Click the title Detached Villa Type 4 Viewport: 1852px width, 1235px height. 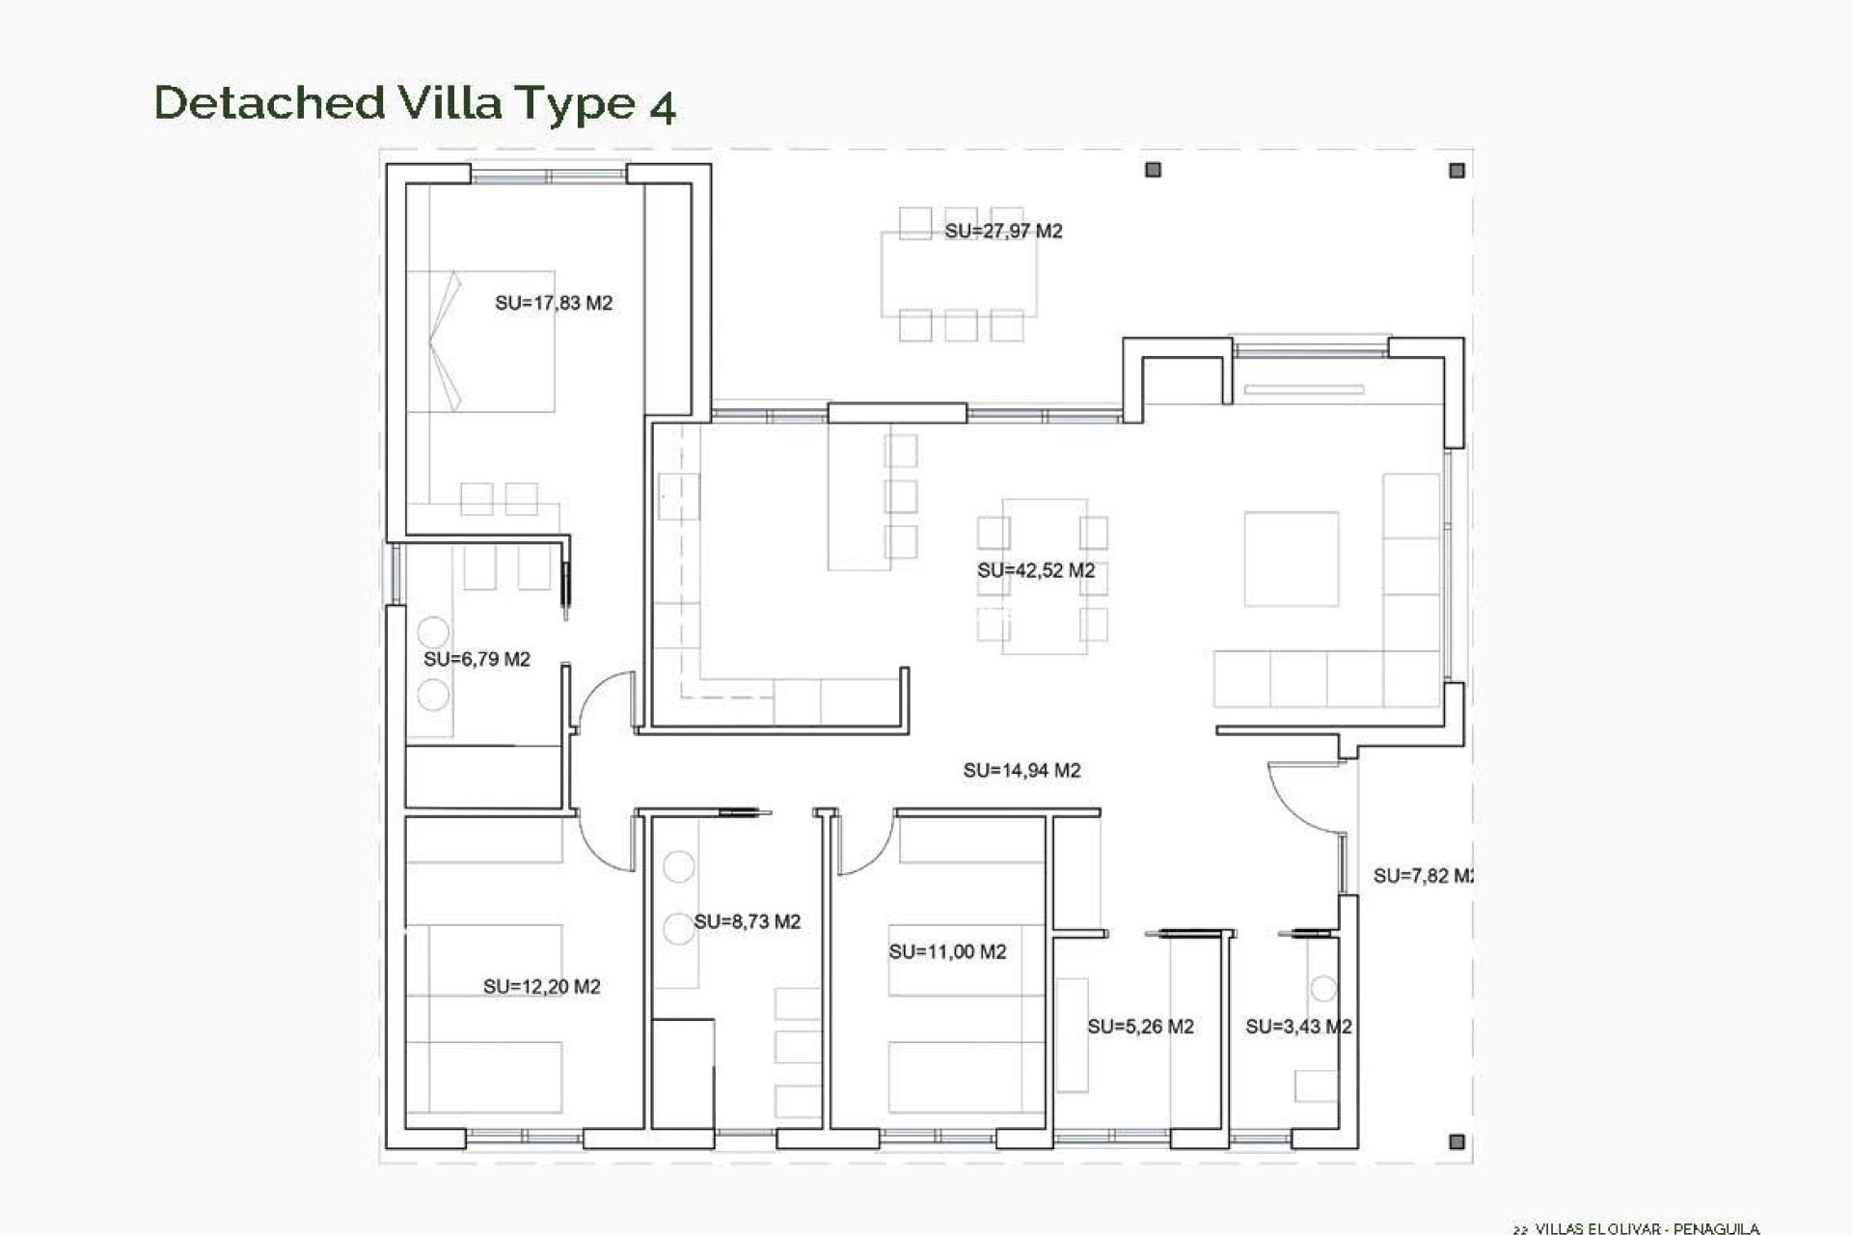tap(415, 103)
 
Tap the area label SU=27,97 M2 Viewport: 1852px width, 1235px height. tap(1003, 232)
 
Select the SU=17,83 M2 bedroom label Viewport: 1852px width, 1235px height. tap(554, 303)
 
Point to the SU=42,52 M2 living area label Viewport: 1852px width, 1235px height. tap(1036, 570)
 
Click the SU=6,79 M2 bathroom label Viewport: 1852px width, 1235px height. tap(477, 659)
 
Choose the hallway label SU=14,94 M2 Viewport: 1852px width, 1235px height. tap(1021, 770)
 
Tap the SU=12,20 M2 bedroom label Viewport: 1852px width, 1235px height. tap(541, 986)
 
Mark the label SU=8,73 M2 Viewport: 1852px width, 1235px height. tap(748, 921)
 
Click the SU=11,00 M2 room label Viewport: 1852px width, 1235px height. tap(947, 951)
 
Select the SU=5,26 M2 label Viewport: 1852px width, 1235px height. tap(1140, 1027)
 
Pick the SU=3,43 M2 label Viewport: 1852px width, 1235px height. tap(1297, 1027)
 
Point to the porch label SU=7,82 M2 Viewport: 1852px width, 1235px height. tap(1422, 876)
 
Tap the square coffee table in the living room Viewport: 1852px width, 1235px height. tap(1291, 559)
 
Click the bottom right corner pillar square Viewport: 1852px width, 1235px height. tap(1457, 1141)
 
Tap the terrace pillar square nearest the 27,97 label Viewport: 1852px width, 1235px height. tap(1153, 170)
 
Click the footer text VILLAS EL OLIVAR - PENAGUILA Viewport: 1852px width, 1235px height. tap(1647, 1228)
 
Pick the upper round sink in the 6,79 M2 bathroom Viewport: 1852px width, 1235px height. tap(433, 632)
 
